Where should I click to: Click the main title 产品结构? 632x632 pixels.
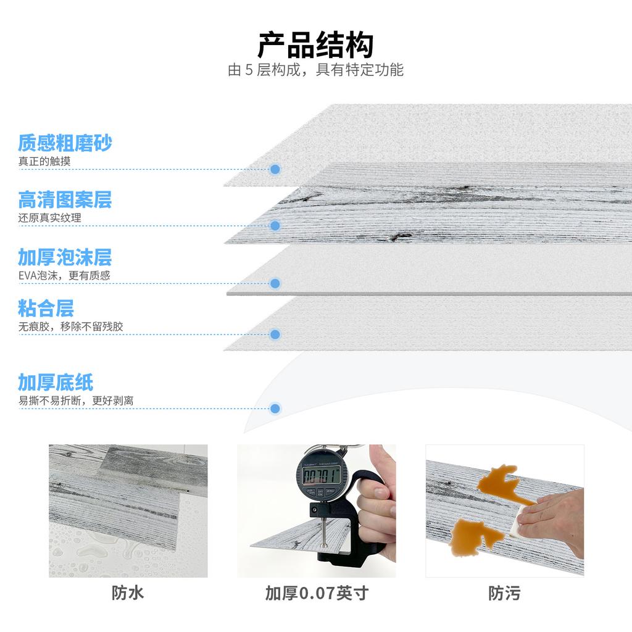315,44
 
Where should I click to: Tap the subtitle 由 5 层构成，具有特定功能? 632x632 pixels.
315,70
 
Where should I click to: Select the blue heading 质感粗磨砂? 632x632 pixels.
65,143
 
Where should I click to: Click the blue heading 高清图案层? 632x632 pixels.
65,199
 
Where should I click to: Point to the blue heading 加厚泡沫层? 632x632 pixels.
65,257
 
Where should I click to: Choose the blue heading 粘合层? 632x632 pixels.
46,308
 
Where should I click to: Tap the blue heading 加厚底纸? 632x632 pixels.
56,383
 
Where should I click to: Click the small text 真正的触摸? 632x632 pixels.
44,162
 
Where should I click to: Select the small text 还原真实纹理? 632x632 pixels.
49,218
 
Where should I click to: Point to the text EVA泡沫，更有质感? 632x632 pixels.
64,276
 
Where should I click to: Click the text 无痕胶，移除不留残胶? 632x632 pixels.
70,326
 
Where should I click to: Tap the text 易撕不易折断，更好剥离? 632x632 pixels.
76,401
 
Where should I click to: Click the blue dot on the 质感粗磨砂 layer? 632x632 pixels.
275,169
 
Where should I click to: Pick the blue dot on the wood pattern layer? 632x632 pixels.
275,226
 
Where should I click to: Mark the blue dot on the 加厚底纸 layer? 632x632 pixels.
275,409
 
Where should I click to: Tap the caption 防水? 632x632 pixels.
128,594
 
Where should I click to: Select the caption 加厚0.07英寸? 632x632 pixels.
317,594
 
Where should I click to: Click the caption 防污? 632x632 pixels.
504,594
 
